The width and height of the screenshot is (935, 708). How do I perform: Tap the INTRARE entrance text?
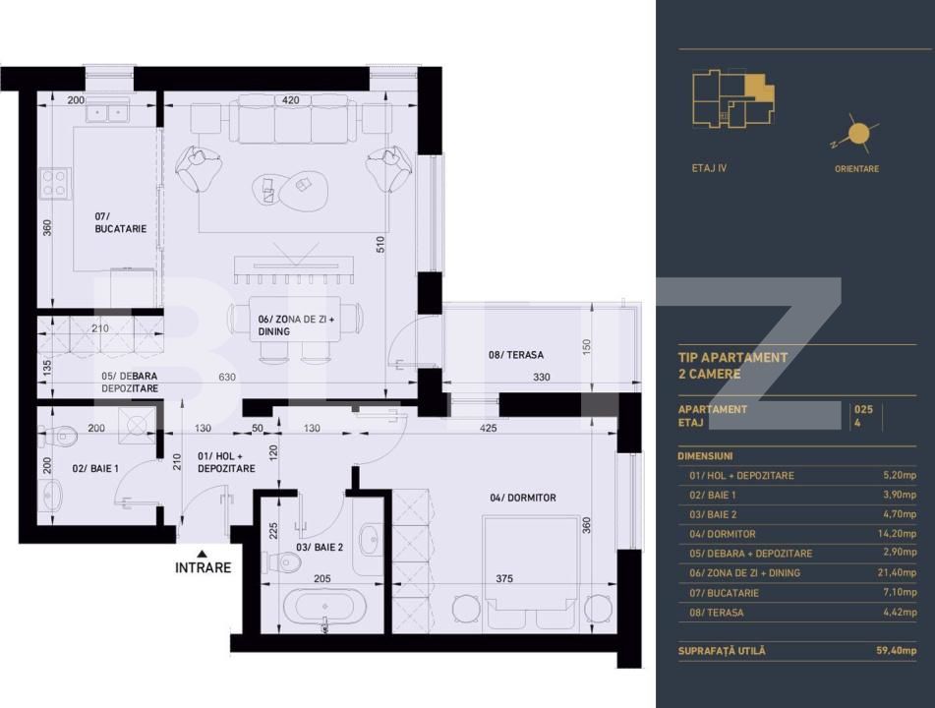pos(204,567)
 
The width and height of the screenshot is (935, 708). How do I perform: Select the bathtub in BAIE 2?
pos(324,608)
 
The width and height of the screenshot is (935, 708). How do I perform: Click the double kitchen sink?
pos(107,112)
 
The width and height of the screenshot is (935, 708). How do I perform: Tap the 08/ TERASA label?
pos(516,355)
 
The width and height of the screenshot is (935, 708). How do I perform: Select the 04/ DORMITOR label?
pos(522,498)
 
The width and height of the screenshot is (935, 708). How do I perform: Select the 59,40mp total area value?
pos(895,651)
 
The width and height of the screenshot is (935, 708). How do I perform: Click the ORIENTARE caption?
pos(856,169)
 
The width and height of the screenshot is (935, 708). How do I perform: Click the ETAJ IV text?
pos(710,168)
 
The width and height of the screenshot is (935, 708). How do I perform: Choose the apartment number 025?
pos(863,408)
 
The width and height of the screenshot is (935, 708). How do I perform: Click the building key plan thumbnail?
pos(732,99)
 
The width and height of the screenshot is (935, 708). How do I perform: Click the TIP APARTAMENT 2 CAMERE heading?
pos(733,366)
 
